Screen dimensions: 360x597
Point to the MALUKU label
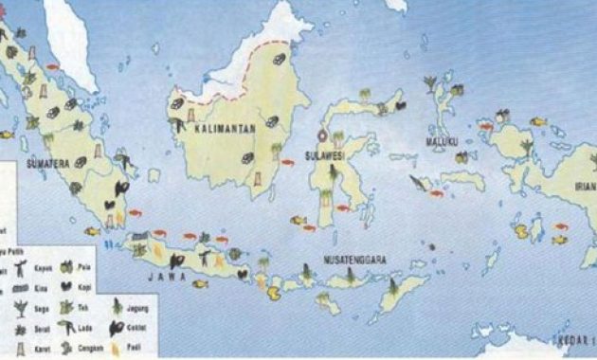(x=441, y=142)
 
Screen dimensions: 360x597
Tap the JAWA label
(x=163, y=279)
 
